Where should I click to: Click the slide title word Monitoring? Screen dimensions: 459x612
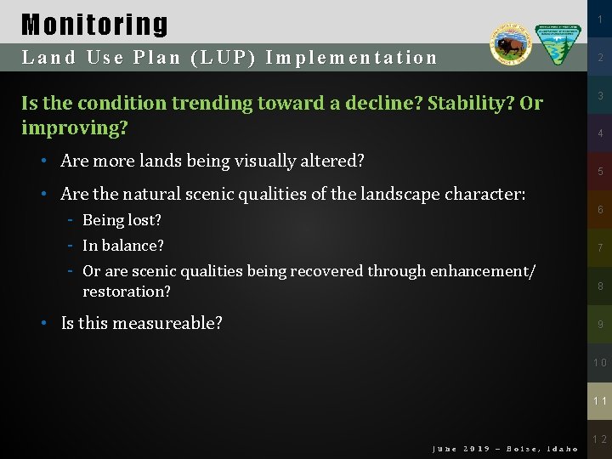[94, 25]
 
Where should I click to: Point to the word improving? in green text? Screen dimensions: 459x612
[75, 128]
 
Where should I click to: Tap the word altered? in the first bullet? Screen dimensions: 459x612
[332, 161]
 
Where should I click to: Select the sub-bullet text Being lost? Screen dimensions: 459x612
[122, 220]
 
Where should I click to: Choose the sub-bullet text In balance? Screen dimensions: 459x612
[123, 246]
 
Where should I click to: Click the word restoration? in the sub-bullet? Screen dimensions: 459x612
[127, 292]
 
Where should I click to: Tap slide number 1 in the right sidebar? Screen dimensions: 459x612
[599, 20]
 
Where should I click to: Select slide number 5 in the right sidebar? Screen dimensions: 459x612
[599, 172]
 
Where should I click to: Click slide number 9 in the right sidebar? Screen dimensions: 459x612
[599, 324]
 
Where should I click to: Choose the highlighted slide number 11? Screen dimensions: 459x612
[599, 399]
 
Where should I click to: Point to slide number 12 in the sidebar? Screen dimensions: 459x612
[599, 439]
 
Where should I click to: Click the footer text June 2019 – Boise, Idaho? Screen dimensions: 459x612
[505, 448]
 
